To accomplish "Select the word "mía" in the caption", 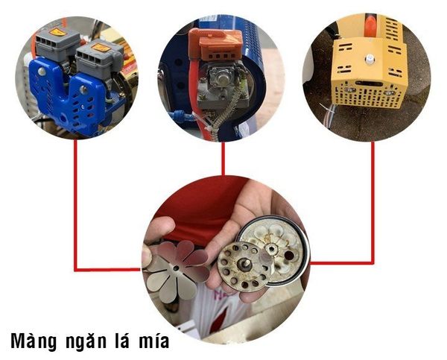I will tap(152, 342).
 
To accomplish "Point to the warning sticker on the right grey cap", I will tap(101, 47).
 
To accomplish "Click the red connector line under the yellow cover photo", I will tap(372, 201).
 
